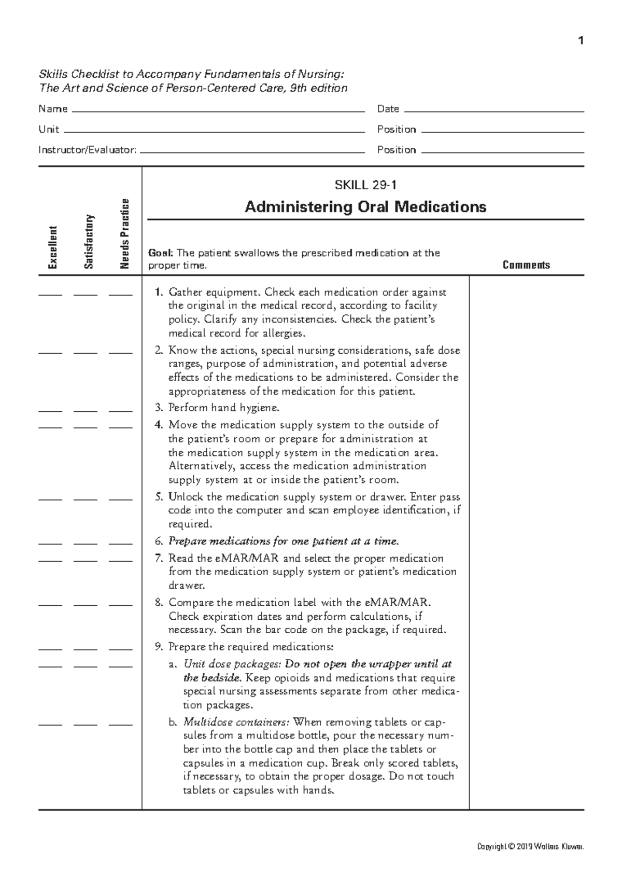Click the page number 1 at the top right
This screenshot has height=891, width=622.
tap(581, 40)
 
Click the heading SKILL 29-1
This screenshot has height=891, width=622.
tap(366, 185)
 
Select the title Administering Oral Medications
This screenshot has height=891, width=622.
tap(365, 207)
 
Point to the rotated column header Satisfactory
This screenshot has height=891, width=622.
tap(89, 241)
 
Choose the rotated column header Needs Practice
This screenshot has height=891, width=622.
tap(124, 234)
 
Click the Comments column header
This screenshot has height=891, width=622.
tap(526, 265)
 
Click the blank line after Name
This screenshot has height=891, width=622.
tap(218, 110)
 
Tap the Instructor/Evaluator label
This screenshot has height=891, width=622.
tap(88, 150)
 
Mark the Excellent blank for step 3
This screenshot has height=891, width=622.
tap(50, 410)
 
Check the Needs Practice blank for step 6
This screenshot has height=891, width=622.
tap(120, 544)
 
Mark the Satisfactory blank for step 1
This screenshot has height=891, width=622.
tap(85, 295)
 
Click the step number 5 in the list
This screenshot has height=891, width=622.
tap(159, 497)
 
